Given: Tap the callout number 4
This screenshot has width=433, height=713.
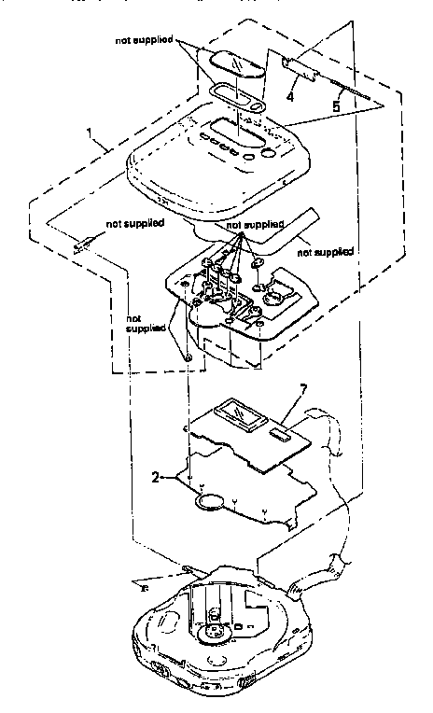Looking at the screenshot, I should [x=291, y=94].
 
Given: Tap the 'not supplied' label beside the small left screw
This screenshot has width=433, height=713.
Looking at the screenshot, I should [x=136, y=224].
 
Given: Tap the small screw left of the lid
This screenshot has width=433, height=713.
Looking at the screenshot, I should [x=79, y=246].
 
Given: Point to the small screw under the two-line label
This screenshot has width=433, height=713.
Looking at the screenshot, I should [x=187, y=356].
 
